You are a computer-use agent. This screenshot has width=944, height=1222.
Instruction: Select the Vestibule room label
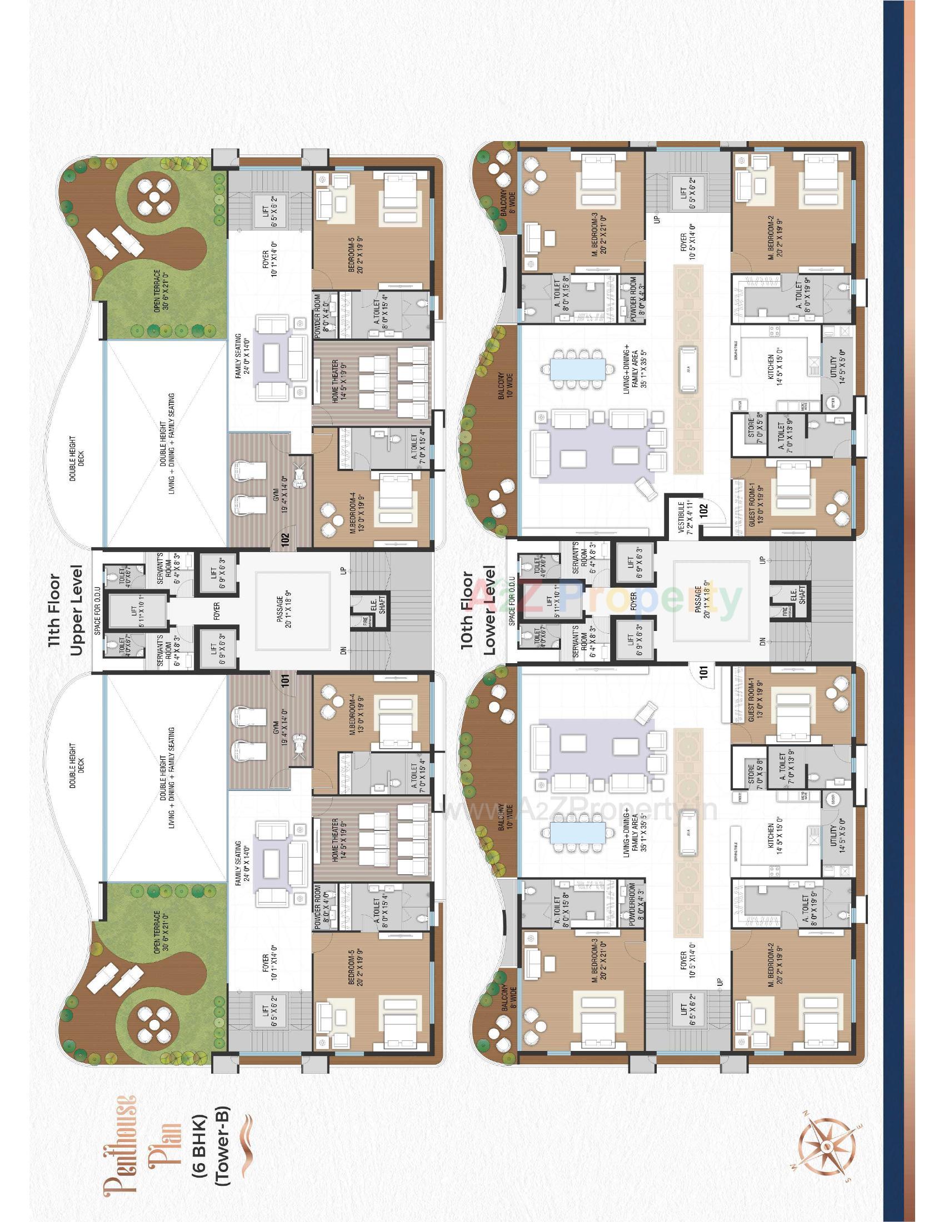(x=685, y=518)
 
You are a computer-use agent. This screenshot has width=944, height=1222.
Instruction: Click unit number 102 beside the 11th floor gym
(x=286, y=539)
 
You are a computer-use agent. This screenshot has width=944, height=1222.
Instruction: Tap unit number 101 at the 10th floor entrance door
(x=704, y=671)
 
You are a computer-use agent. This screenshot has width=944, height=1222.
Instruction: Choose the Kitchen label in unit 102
(x=775, y=369)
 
